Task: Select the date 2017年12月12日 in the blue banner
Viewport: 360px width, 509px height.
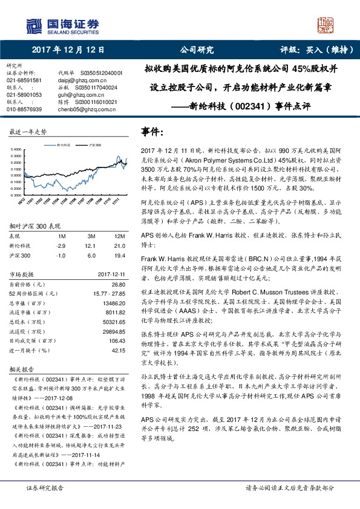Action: [x=68, y=50]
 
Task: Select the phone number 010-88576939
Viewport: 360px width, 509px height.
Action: [x=24, y=109]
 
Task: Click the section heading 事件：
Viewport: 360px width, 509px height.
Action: [x=153, y=131]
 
